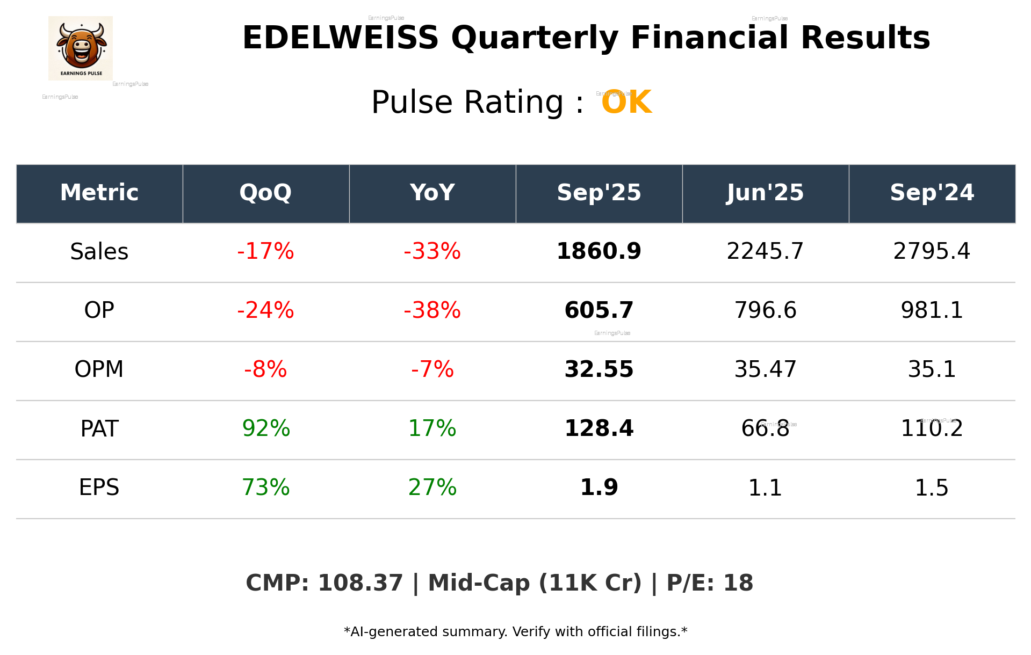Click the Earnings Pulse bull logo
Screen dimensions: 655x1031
81,48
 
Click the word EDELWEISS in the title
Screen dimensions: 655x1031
340,38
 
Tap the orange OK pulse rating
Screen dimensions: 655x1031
626,102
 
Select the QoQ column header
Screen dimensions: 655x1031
265,193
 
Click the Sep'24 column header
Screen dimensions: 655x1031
932,193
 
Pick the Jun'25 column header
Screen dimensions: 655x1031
765,193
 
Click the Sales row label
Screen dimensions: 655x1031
99,252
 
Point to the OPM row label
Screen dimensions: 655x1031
99,369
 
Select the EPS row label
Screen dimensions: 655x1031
99,487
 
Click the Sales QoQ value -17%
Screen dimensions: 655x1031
265,252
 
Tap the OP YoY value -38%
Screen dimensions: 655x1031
432,310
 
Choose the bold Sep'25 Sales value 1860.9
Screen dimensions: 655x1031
599,252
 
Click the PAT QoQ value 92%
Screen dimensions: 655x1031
265,428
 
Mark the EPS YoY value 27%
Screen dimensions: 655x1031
432,487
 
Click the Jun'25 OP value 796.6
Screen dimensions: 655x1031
765,310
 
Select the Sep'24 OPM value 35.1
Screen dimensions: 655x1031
932,369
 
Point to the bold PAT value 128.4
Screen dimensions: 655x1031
599,428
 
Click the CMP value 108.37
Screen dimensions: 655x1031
360,583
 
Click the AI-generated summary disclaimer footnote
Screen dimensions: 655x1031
515,632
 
